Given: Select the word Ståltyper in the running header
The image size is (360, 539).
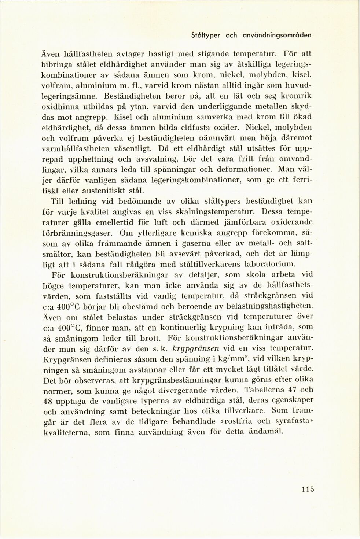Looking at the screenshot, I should pos(206,36).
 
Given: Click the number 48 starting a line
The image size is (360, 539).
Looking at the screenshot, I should pos(48,400).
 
